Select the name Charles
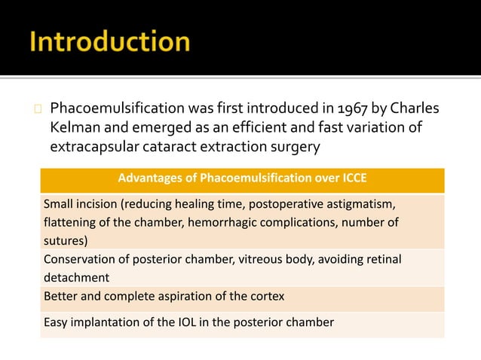(412, 110)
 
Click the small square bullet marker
(37, 111)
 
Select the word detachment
(76, 277)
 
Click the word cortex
(267, 296)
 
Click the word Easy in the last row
(56, 323)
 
